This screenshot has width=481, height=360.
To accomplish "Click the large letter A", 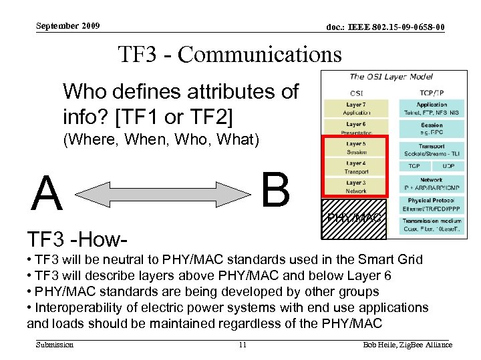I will click(47, 193).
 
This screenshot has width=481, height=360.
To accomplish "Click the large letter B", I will click(275, 189).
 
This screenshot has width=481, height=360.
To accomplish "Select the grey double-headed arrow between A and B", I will click(160, 193).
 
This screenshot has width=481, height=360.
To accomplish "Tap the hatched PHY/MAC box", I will click(354, 218).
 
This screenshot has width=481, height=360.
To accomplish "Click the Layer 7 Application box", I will click(356, 109).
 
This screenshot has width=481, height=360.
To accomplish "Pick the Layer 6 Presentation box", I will click(356, 128).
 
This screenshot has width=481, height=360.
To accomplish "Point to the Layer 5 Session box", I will click(356, 147).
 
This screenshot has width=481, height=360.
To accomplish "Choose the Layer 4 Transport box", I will click(356, 167).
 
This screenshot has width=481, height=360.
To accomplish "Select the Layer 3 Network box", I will click(356, 186).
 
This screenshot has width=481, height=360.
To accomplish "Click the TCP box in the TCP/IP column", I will click(414, 165).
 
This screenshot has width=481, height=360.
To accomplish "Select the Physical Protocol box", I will click(431, 204).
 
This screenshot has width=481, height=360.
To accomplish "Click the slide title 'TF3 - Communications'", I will click(229, 53).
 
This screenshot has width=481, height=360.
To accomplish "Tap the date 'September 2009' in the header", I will click(67, 26).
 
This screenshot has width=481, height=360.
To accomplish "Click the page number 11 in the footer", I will click(243, 345).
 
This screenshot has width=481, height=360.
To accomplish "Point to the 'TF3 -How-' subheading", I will click(77, 238).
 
